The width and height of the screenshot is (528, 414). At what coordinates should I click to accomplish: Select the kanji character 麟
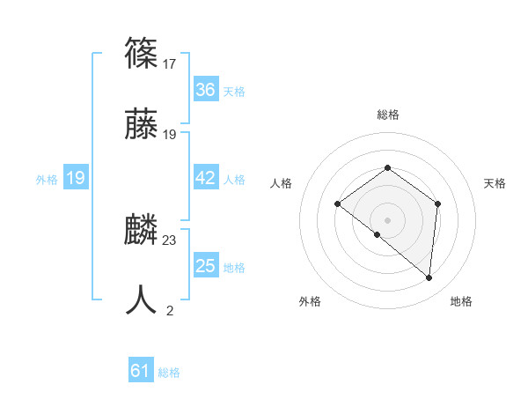(142, 230)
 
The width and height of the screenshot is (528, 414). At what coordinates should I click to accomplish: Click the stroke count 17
(170, 63)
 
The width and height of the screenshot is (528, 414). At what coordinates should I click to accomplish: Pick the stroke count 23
(170, 240)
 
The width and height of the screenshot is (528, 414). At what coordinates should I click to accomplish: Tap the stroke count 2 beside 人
(170, 310)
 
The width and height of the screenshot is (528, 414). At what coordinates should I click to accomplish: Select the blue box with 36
(205, 90)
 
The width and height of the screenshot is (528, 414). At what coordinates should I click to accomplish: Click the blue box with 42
(205, 178)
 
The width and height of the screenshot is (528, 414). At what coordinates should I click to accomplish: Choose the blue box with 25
(205, 266)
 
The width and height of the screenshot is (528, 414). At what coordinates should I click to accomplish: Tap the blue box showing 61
(140, 371)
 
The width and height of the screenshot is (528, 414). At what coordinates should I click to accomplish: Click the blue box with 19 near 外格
(75, 178)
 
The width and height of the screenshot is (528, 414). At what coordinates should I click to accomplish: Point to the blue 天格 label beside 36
(234, 92)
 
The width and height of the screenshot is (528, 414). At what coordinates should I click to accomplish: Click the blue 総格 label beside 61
(169, 373)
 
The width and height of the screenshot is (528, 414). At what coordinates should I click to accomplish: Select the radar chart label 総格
(387, 115)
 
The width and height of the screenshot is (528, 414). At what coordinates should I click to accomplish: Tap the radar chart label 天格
(495, 183)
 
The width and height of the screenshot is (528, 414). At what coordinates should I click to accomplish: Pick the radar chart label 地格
(461, 302)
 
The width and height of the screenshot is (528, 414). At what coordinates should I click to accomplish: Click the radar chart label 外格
(310, 302)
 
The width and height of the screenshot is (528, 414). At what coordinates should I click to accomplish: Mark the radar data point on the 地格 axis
(429, 278)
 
